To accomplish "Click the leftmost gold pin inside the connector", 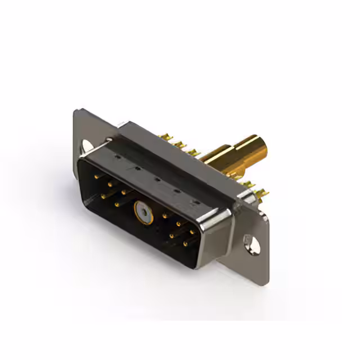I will point(95,178).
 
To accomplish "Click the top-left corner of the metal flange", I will point(77,110).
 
